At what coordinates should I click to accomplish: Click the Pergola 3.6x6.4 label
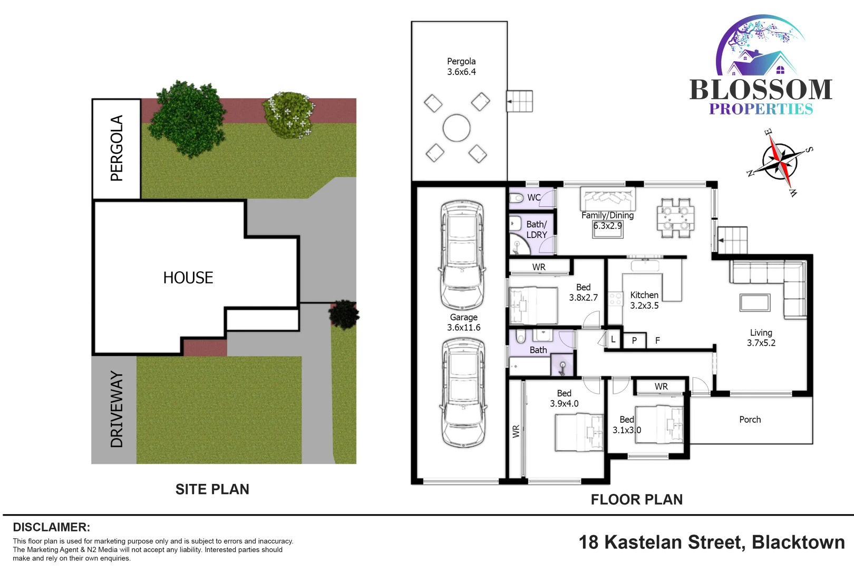461,66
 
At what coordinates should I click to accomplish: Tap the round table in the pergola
457,128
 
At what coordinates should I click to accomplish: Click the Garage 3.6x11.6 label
464,322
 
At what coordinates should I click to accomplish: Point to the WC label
534,197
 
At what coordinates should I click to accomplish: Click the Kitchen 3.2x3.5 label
644,300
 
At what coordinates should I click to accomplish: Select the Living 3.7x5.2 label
761,337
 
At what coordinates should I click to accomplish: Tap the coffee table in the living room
755,302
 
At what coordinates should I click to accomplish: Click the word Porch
750,420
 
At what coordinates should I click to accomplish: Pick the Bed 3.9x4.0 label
564,398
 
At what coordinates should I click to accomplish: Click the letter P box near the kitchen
634,340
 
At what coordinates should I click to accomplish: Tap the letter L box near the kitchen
613,340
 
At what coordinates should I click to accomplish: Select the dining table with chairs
676,218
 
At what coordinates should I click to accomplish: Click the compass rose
780,161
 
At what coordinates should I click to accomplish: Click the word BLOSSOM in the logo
761,90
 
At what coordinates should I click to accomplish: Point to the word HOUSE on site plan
188,278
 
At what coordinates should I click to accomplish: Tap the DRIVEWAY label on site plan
117,409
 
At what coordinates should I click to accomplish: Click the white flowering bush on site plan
289,115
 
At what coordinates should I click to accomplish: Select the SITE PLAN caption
212,489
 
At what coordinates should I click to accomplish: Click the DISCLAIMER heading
51,527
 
